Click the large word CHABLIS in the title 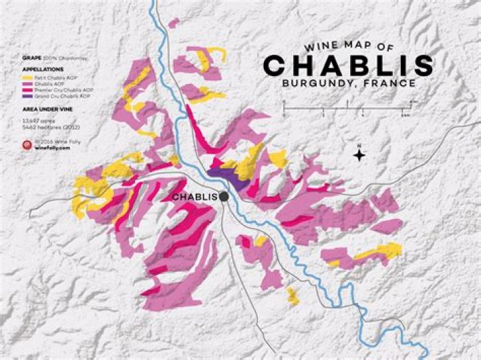click(x=347, y=65)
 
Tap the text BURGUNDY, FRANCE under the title click(x=349, y=84)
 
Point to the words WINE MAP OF click(x=349, y=47)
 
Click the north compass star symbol click(x=359, y=156)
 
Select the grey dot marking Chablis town click(x=224, y=196)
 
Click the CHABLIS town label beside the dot click(x=194, y=197)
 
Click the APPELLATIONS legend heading click(x=42, y=69)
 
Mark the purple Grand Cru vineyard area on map click(x=227, y=175)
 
